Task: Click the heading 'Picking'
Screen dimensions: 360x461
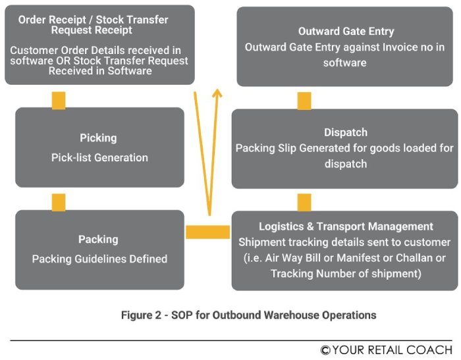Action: click(x=98, y=138)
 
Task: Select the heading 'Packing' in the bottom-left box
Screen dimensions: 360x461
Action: click(x=98, y=240)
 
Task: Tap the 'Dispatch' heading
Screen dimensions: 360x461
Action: click(x=345, y=132)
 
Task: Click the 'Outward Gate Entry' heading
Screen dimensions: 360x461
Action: click(x=346, y=32)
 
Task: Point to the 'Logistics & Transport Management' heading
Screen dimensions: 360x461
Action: click(x=346, y=227)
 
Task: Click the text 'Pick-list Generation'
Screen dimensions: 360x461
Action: click(x=99, y=157)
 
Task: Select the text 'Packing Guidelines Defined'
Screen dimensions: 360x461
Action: click(x=99, y=259)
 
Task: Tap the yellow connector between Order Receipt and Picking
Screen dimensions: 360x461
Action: click(x=59, y=100)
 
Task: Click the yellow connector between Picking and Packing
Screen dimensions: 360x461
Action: click(x=59, y=202)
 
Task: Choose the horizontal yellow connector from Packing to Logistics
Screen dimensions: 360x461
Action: click(x=207, y=232)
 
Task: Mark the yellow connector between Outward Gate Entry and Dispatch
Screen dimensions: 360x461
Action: click(x=304, y=100)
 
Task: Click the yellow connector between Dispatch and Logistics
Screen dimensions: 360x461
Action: click(x=304, y=202)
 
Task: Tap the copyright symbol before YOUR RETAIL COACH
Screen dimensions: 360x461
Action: click(x=325, y=350)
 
